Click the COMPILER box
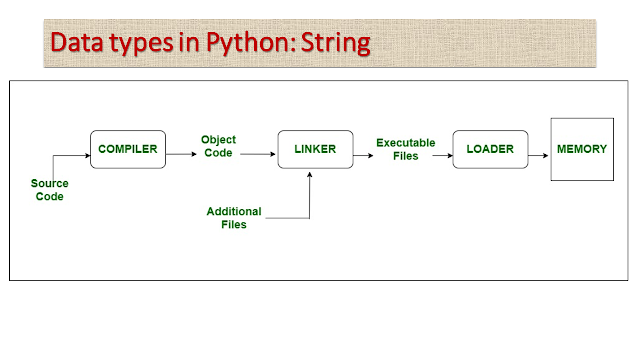click(128, 149)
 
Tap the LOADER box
click(489, 149)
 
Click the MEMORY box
click(581, 149)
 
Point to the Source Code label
click(49, 190)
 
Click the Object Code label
click(217, 146)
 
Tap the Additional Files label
click(233, 217)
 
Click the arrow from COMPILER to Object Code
click(181, 154)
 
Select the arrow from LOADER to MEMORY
click(538, 154)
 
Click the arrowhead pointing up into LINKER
click(312, 176)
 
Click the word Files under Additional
click(233, 224)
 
